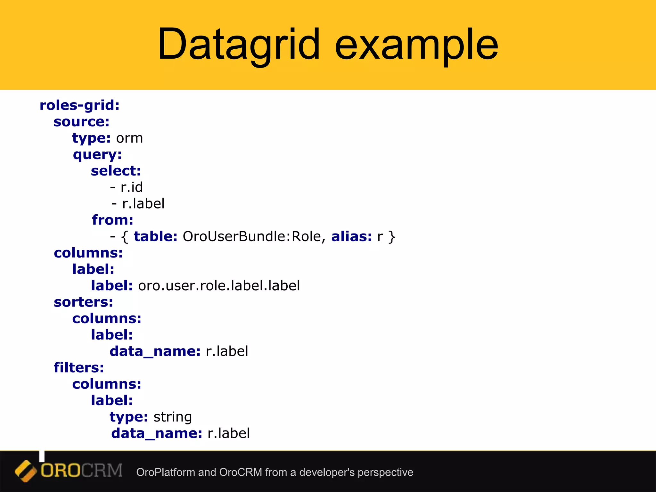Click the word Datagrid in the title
pyautogui.click(x=239, y=45)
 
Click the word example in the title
pyautogui.click(x=416, y=45)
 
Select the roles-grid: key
pyautogui.click(x=79, y=105)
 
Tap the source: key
pyautogui.click(x=81, y=122)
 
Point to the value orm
pyautogui.click(x=129, y=138)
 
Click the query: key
pyautogui.click(x=97, y=155)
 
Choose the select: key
pyautogui.click(x=116, y=171)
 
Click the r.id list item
pyautogui.click(x=131, y=187)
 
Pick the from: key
pyautogui.click(x=113, y=220)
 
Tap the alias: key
pyautogui.click(x=351, y=237)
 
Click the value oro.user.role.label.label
pyautogui.click(x=219, y=286)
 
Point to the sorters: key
pyautogui.click(x=83, y=302)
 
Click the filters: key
pyautogui.click(x=79, y=368)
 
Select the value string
pyautogui.click(x=173, y=417)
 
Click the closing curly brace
pyautogui.click(x=392, y=237)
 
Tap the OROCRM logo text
pyautogui.click(x=81, y=471)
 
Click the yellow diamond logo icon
pyautogui.click(x=26, y=471)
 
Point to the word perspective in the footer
pyautogui.click(x=385, y=472)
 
